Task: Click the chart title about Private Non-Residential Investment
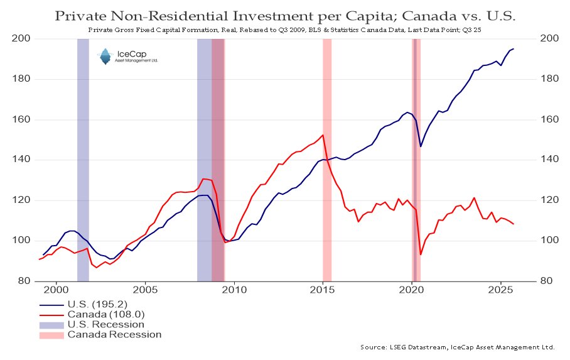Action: point(284,15)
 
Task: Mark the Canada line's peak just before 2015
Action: point(323,135)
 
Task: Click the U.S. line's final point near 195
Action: point(514,48)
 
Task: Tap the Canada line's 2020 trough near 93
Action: point(421,254)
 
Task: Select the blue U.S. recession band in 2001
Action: point(83,157)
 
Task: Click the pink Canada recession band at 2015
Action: point(327,157)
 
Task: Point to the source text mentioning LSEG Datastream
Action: point(458,347)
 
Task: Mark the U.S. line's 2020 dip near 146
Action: point(421,146)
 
